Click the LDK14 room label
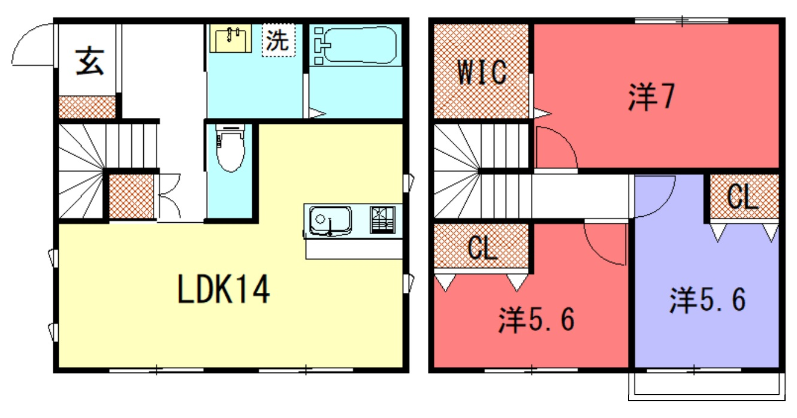point(224,290)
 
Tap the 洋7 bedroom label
point(651,96)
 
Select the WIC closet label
point(482,72)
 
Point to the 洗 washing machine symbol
point(279,40)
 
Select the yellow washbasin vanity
point(231,38)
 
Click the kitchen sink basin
point(330,221)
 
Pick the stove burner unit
point(382,220)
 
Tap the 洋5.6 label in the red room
point(536,320)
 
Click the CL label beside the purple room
point(743,196)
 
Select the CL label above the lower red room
point(482,247)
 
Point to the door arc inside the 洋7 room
point(566,138)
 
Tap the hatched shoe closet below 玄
point(87,107)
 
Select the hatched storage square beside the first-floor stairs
point(131,196)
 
